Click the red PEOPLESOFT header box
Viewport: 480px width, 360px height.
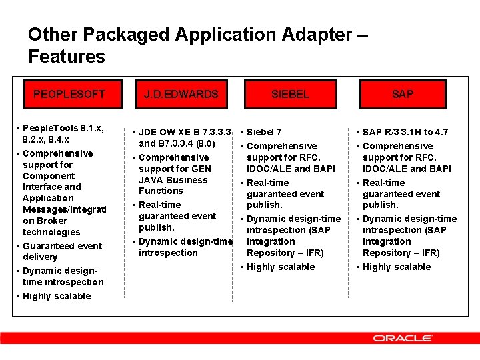(69, 95)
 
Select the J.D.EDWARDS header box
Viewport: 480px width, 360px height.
(181, 95)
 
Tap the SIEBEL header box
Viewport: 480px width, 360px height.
(290, 95)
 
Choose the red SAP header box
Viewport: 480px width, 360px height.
(402, 95)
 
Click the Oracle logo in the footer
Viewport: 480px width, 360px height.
(402, 338)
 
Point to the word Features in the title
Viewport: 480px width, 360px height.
(67, 57)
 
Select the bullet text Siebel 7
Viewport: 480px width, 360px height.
(264, 132)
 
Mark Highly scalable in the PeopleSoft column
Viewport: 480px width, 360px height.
(57, 296)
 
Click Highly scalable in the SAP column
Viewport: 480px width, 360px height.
(397, 267)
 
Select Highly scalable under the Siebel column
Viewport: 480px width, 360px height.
(281, 267)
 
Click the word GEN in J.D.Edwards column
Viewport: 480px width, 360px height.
(201, 169)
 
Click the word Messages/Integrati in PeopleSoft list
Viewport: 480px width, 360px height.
(64, 209)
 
